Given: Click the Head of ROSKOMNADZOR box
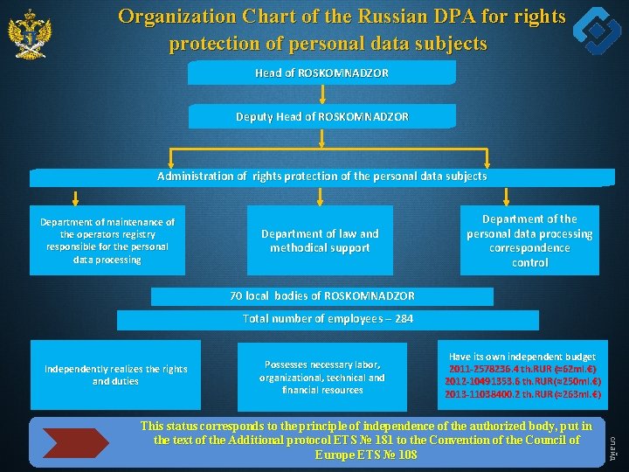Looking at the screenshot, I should pyautogui.click(x=321, y=73).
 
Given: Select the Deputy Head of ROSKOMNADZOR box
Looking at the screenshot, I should pyautogui.click(x=321, y=116).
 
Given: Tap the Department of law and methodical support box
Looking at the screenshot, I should pyautogui.click(x=320, y=240).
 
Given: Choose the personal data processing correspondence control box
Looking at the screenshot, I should pyautogui.click(x=529, y=240).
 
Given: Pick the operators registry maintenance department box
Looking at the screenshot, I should pyautogui.click(x=107, y=240).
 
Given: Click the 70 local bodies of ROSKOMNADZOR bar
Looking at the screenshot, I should pyautogui.click(x=321, y=296).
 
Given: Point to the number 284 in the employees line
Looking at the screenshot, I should pyautogui.click(x=404, y=319).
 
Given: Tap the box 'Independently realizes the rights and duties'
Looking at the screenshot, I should pyautogui.click(x=115, y=375).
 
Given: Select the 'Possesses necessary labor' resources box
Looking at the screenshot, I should pyautogui.click(x=321, y=377).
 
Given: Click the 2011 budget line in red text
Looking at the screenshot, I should pyautogui.click(x=523, y=369).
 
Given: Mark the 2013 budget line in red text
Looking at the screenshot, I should pyautogui.click(x=523, y=394).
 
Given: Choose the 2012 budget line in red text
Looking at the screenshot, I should pyautogui.click(x=523, y=382).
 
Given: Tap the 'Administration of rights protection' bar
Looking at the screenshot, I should pyautogui.click(x=321, y=177).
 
